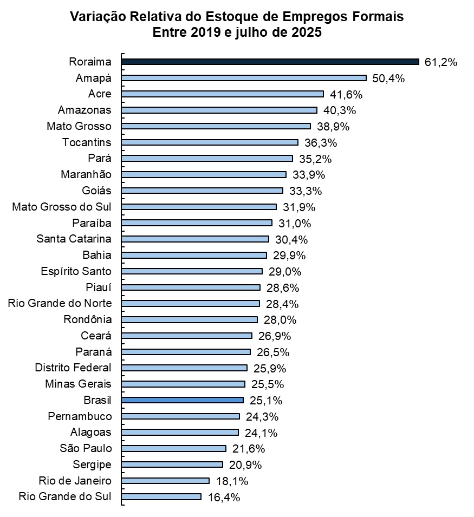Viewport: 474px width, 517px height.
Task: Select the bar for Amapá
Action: coord(244,78)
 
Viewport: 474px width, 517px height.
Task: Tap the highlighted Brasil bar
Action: coord(183,400)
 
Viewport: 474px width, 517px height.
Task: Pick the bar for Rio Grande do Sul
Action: coord(161,496)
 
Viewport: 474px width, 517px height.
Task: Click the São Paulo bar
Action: coord(173,448)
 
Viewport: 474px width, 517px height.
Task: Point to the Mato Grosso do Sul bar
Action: coord(199,207)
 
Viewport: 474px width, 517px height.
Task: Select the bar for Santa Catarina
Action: coord(195,239)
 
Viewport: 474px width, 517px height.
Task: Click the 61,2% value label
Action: coord(441,62)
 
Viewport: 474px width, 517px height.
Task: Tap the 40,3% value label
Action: coord(339,110)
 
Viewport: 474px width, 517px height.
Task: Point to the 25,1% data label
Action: coord(266,401)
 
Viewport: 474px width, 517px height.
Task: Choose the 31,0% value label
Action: coord(295,223)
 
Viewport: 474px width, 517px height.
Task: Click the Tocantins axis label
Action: coord(87,142)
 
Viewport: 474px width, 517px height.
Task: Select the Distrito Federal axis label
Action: coord(73,368)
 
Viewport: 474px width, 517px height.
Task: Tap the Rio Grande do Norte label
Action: coord(60,303)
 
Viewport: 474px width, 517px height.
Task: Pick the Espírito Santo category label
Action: coord(76,271)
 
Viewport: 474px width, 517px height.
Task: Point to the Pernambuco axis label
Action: coord(80,416)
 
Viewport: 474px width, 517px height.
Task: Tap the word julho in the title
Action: coord(254,32)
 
